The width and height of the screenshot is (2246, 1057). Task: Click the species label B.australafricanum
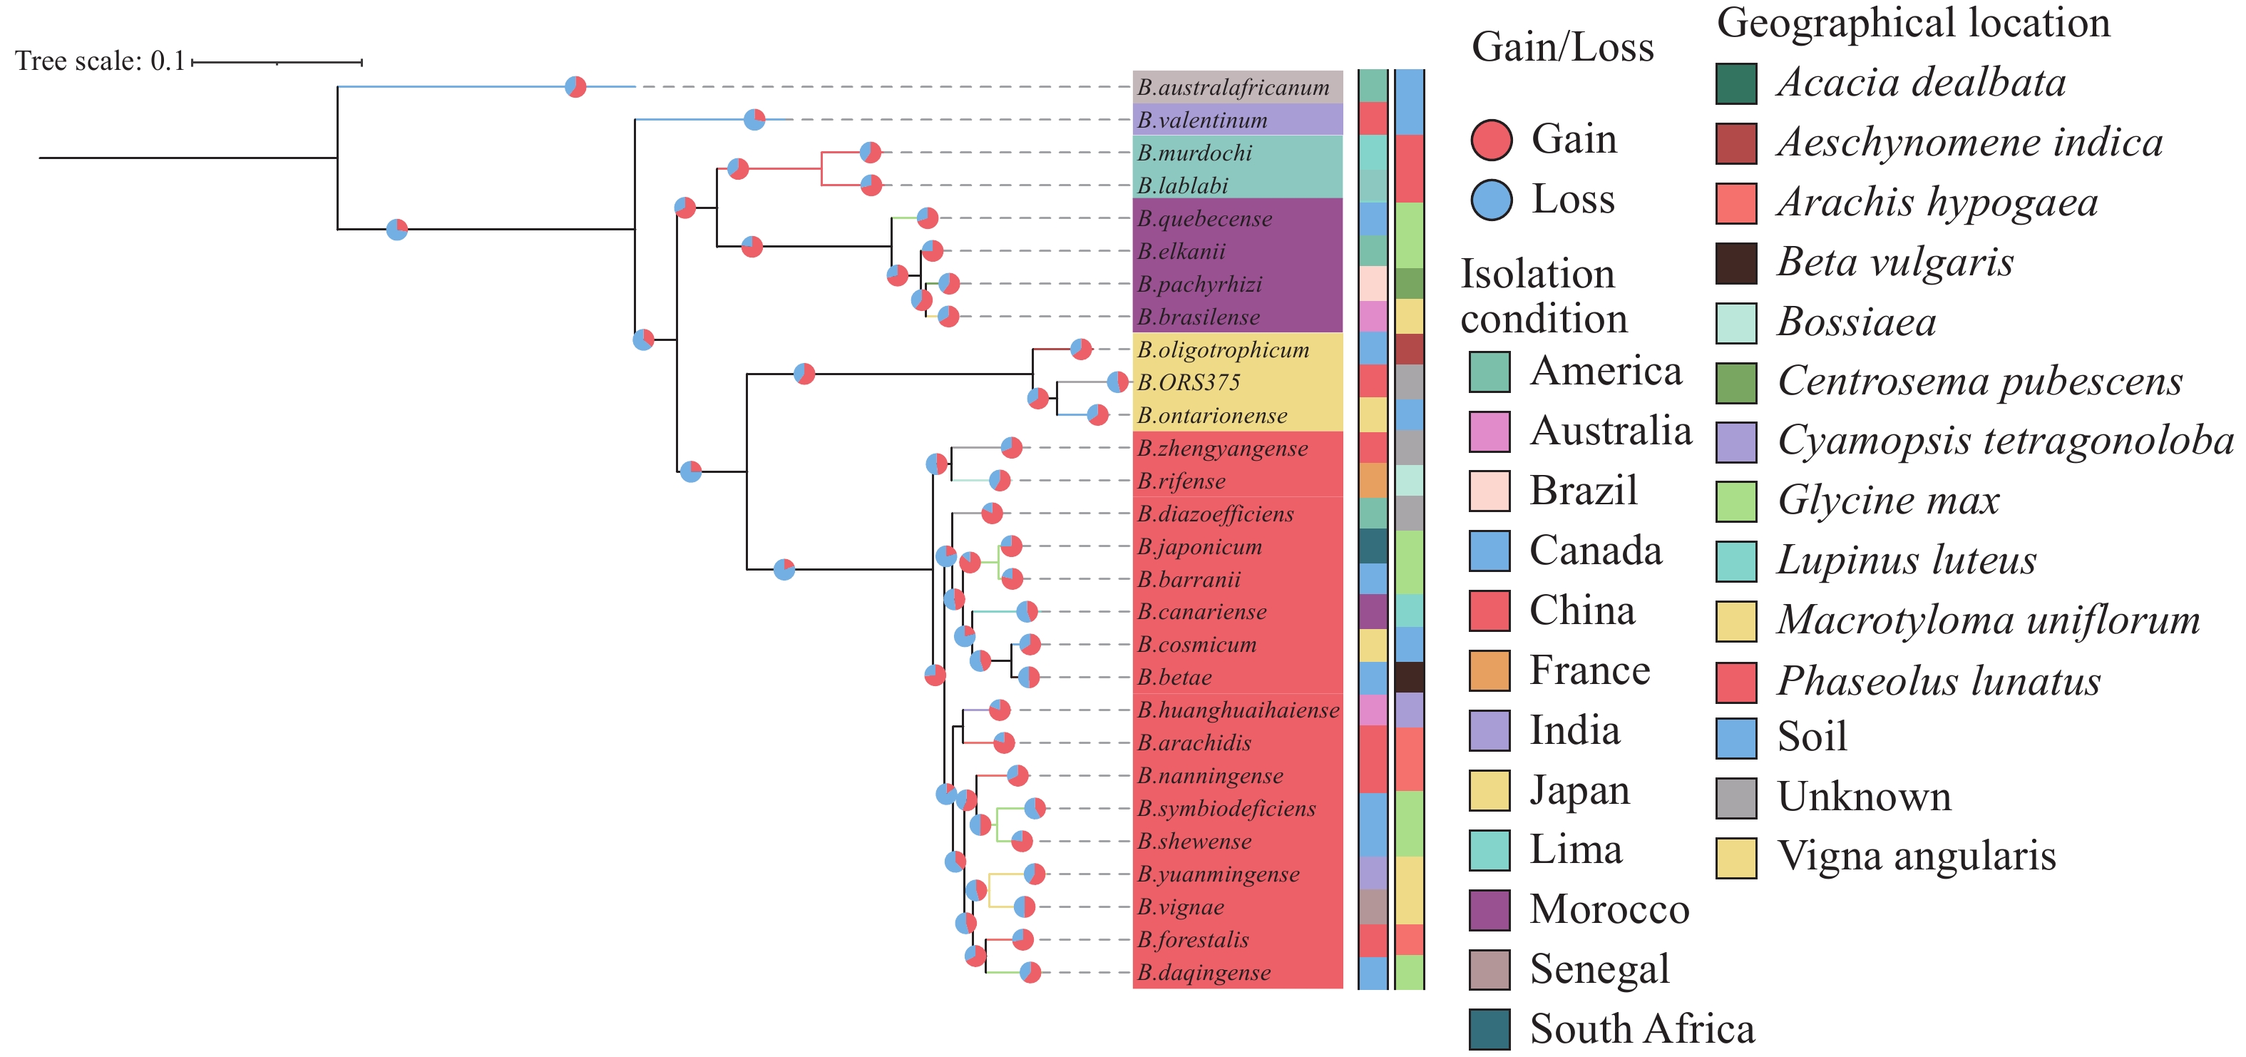(x=1233, y=87)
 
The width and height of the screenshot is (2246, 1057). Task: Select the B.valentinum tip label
(x=1201, y=121)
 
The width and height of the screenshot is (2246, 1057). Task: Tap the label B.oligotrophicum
(x=1222, y=349)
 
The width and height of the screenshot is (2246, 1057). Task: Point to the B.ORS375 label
(x=1187, y=383)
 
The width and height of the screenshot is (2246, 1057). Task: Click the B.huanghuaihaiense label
(x=1237, y=710)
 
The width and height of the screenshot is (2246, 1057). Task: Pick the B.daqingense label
(x=1204, y=972)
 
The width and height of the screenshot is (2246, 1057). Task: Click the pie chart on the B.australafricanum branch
(x=575, y=87)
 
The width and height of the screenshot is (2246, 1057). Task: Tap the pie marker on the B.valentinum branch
(x=754, y=120)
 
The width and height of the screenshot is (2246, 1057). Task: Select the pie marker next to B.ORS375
(x=1117, y=382)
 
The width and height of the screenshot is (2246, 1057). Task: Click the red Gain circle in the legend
(x=1491, y=141)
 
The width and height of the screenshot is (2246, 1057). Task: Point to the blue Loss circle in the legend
(x=1491, y=200)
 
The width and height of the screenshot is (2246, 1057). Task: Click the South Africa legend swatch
(x=1489, y=1029)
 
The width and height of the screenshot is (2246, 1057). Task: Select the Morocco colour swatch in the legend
(x=1489, y=909)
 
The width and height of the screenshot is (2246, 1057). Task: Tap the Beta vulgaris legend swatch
(x=1736, y=262)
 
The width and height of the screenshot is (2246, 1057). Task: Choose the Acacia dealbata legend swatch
(x=1736, y=83)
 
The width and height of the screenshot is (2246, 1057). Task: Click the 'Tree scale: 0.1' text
(x=99, y=61)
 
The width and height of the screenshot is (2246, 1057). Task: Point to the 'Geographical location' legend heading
(x=1913, y=23)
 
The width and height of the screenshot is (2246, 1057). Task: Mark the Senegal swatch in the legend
(x=1489, y=970)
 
